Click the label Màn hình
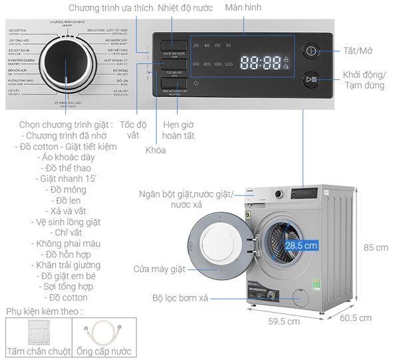243,9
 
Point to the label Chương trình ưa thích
110,9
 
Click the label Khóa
156,150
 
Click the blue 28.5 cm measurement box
301,245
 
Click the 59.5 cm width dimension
284,322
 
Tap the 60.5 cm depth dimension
355,318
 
